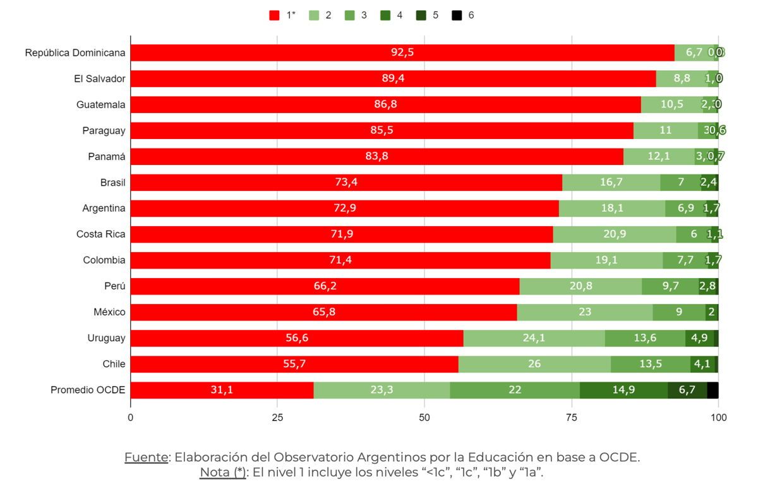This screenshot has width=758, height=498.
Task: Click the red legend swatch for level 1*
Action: point(275,15)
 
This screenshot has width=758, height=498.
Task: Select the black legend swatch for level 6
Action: point(456,15)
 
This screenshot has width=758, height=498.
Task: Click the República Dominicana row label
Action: point(75,53)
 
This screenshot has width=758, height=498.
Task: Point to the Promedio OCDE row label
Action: point(88,391)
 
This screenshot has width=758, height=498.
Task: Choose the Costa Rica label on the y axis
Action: point(101,234)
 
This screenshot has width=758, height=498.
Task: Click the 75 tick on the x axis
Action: point(571,417)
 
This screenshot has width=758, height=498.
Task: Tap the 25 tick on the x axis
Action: point(277,417)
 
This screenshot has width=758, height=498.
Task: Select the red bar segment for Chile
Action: point(294,365)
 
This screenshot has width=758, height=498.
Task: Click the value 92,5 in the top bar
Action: point(402,52)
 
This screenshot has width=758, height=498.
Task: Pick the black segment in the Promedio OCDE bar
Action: point(713,391)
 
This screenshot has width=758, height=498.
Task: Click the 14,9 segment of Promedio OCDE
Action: point(623,391)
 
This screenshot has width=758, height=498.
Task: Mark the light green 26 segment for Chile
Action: point(534,365)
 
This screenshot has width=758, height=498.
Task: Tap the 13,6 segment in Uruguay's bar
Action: point(645,339)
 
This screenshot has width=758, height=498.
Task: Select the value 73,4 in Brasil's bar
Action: point(346,183)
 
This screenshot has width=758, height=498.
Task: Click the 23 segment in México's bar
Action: point(584,312)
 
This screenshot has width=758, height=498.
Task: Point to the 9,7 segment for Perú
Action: point(670,286)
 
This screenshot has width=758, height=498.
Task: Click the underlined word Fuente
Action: point(147,458)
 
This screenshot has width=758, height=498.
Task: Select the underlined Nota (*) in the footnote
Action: point(223,473)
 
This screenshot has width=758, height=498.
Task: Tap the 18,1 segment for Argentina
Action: point(611,209)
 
